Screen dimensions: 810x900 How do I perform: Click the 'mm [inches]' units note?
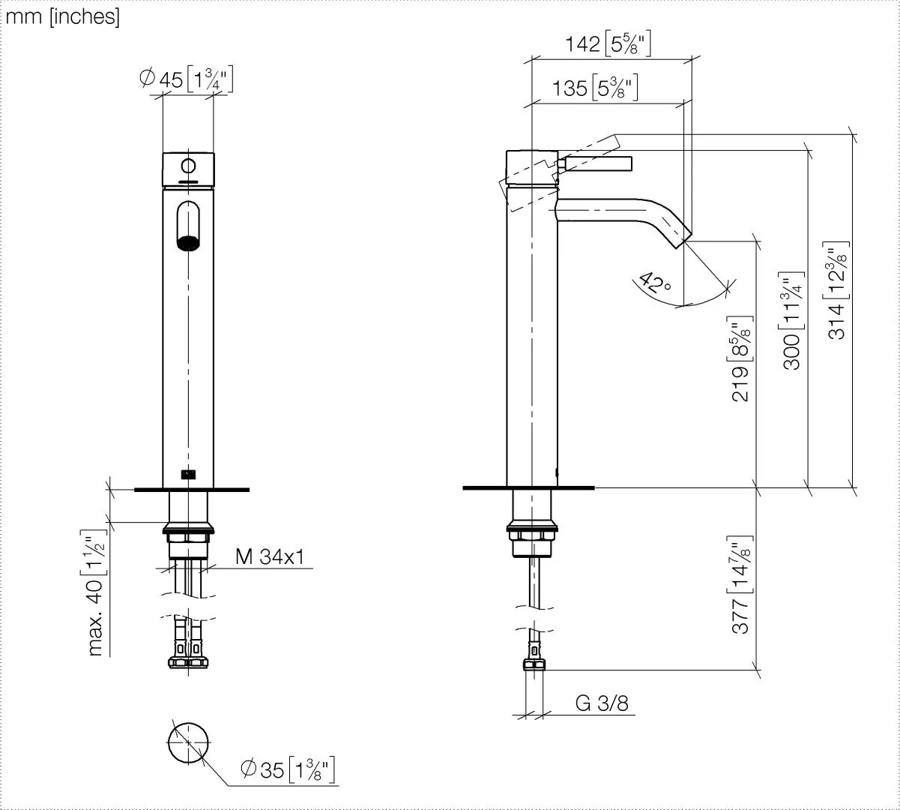coord(62,16)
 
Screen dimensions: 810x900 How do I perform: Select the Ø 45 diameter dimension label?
coord(186,79)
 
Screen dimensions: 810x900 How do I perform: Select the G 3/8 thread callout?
coord(602,703)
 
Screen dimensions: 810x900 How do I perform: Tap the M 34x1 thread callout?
coord(270,556)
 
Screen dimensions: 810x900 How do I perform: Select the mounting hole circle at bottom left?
coord(187,742)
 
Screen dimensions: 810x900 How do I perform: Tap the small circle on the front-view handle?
coord(188,166)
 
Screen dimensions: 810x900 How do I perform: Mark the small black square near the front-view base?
coord(188,473)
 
